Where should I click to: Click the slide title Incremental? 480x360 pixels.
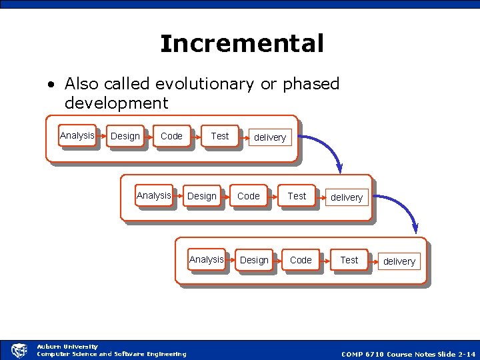(x=241, y=44)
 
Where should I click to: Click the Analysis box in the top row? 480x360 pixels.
(x=77, y=136)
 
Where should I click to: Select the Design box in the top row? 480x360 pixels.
(x=125, y=137)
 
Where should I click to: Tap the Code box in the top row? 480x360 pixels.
(x=171, y=136)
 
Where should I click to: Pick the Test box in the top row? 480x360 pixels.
(x=219, y=136)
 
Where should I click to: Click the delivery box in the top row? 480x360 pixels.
(x=270, y=137)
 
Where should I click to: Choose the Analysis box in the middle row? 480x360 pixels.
(x=154, y=196)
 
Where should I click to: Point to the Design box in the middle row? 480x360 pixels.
(x=202, y=197)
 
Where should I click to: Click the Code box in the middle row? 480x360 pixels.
(x=249, y=196)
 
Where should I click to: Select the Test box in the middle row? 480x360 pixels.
(x=297, y=196)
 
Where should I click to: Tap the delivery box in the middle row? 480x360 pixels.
(x=347, y=197)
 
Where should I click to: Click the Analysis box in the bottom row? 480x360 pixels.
(x=207, y=260)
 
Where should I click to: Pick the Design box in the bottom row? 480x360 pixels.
(x=254, y=261)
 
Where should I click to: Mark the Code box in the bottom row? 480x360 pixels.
(x=301, y=260)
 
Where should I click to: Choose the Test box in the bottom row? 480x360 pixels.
(x=349, y=260)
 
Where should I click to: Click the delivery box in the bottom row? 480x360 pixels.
(x=399, y=261)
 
